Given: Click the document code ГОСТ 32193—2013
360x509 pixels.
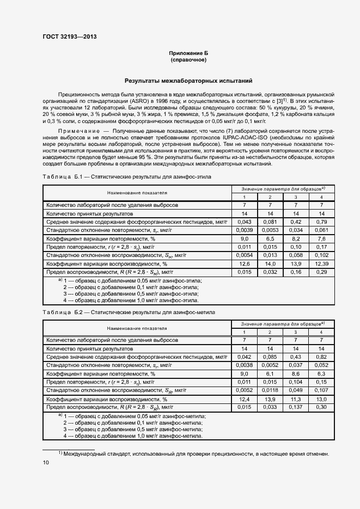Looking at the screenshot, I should click(x=69, y=37).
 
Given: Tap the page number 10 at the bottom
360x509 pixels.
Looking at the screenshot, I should click(x=46, y=462).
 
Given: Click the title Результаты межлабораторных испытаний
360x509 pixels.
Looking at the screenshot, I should click(x=188, y=81).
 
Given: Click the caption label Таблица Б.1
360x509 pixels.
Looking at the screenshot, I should click(x=62, y=177).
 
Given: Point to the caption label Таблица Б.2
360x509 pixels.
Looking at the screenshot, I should click(x=62, y=313).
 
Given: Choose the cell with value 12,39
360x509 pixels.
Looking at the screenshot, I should click(x=321, y=263).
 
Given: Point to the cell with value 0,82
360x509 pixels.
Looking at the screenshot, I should click(x=321, y=357).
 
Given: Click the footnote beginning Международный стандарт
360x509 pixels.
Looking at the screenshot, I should click(x=195, y=453).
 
